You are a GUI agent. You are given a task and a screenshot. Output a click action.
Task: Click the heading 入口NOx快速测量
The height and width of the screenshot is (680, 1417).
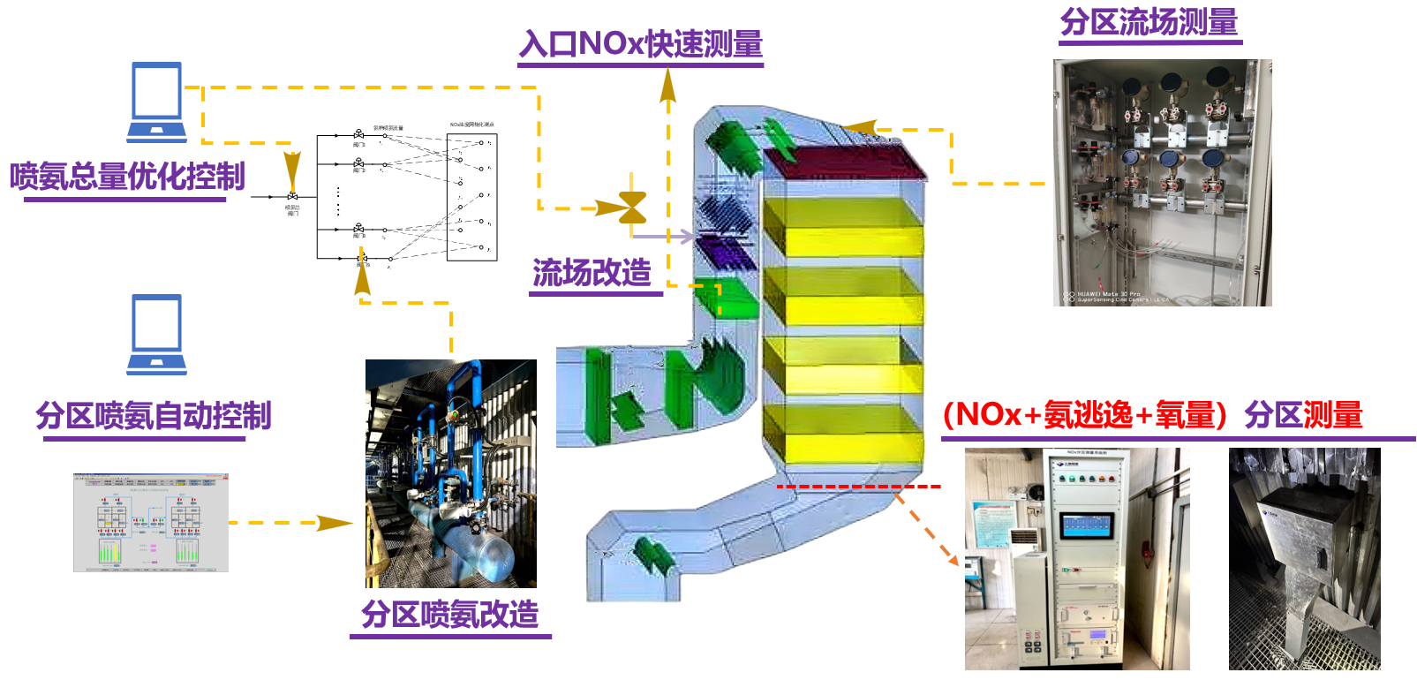coord(641,43)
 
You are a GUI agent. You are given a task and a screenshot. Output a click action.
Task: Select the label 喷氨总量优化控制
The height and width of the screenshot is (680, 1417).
coord(127,177)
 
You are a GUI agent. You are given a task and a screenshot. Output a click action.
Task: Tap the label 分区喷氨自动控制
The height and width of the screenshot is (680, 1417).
coord(153,415)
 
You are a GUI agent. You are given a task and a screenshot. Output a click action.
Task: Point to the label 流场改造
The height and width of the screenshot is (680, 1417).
coord(592,273)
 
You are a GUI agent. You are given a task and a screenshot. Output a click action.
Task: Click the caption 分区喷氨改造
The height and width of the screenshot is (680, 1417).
coord(449,614)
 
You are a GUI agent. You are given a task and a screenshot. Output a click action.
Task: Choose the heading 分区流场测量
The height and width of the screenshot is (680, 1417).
coord(1149,22)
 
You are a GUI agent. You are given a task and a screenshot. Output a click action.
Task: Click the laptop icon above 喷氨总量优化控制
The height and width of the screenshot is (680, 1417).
coord(156,102)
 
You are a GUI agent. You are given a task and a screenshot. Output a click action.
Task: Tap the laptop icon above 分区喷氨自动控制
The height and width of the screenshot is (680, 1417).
coord(156,335)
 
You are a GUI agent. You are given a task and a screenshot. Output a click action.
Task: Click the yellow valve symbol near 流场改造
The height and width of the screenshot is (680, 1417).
coord(632,208)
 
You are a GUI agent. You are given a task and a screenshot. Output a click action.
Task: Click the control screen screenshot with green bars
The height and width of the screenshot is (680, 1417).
coord(151,523)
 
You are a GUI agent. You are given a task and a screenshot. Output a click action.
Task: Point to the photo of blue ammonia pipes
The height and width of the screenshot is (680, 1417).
coord(451,473)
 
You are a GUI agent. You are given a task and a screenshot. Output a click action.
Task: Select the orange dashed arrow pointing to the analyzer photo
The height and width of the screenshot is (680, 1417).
coord(927,530)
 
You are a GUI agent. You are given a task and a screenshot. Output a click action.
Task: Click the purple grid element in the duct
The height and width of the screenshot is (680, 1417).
coord(726,252)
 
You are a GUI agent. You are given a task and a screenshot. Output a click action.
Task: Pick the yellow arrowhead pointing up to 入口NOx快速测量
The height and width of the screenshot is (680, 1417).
coord(668,86)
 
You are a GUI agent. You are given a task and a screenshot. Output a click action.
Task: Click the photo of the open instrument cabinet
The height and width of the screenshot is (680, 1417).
coord(1162,183)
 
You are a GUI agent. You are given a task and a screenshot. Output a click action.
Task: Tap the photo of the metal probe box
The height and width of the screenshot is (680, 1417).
coord(1304,558)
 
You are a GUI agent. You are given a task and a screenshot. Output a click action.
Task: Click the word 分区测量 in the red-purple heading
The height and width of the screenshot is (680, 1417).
coord(1303,414)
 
